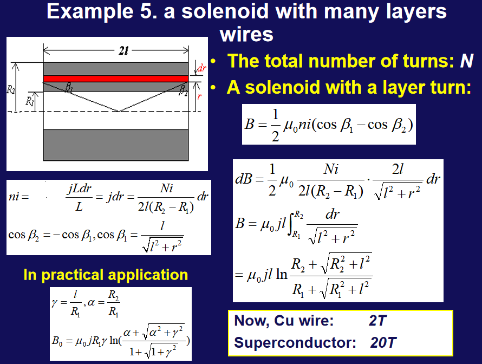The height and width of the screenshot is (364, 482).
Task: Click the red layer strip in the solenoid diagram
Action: [x=115, y=79]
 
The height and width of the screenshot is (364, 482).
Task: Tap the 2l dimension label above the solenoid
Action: [x=123, y=51]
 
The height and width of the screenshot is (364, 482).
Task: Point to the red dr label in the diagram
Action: [x=201, y=68]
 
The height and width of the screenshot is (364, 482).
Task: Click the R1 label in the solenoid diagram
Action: [x=29, y=101]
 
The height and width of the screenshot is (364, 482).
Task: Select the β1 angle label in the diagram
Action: [x=69, y=88]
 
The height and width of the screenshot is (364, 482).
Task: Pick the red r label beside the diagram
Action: [x=199, y=96]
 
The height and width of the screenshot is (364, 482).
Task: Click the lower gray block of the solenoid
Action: [x=115, y=145]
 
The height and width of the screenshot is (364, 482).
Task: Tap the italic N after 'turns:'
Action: [x=466, y=61]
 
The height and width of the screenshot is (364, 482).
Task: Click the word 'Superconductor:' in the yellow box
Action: [x=295, y=342]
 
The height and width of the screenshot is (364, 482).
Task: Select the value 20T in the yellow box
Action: [x=383, y=342]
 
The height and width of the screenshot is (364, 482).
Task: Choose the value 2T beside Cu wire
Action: [x=377, y=321]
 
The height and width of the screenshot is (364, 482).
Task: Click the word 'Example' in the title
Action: [x=90, y=12]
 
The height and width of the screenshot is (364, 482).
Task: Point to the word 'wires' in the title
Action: [x=246, y=34]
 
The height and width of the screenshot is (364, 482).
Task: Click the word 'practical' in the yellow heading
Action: [x=72, y=275]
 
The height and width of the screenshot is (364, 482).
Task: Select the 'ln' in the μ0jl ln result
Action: [x=282, y=274]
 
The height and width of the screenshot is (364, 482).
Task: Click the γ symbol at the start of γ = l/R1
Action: [x=54, y=303]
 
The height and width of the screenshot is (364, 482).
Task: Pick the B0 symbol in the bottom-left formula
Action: [x=57, y=341]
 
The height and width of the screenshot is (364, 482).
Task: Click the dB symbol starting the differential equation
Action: [x=244, y=179]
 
